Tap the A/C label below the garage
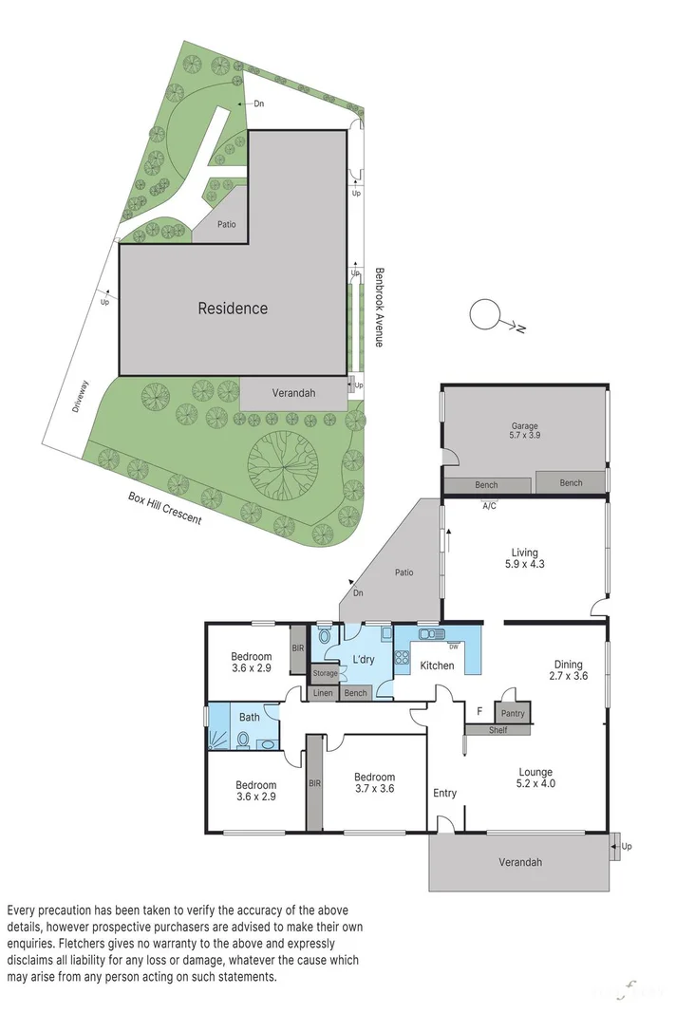click(x=489, y=506)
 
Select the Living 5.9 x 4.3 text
click(x=524, y=558)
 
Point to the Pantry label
click(x=513, y=713)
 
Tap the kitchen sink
click(x=429, y=634)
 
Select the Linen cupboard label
click(x=322, y=693)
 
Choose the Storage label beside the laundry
click(x=325, y=673)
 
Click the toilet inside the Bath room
click(x=244, y=739)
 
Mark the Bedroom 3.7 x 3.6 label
click(x=373, y=782)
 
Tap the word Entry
click(x=444, y=794)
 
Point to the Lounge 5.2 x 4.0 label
click(x=535, y=779)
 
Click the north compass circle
click(x=485, y=313)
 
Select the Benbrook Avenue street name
click(x=377, y=306)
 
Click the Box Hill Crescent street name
click(x=165, y=513)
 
